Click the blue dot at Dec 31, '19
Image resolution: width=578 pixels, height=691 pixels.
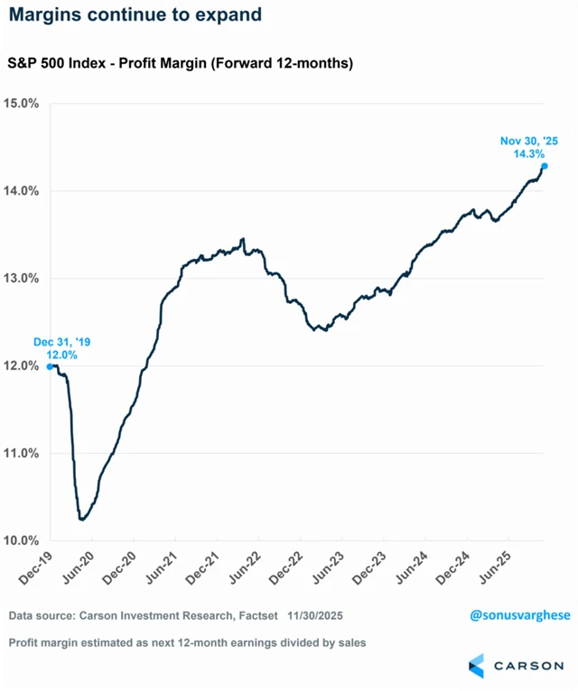click(50, 366)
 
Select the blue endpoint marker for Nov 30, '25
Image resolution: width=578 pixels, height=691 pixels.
click(545, 166)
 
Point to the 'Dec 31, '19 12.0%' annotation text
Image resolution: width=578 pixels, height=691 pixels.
click(62, 349)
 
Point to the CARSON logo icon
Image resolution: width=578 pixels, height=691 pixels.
click(476, 665)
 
